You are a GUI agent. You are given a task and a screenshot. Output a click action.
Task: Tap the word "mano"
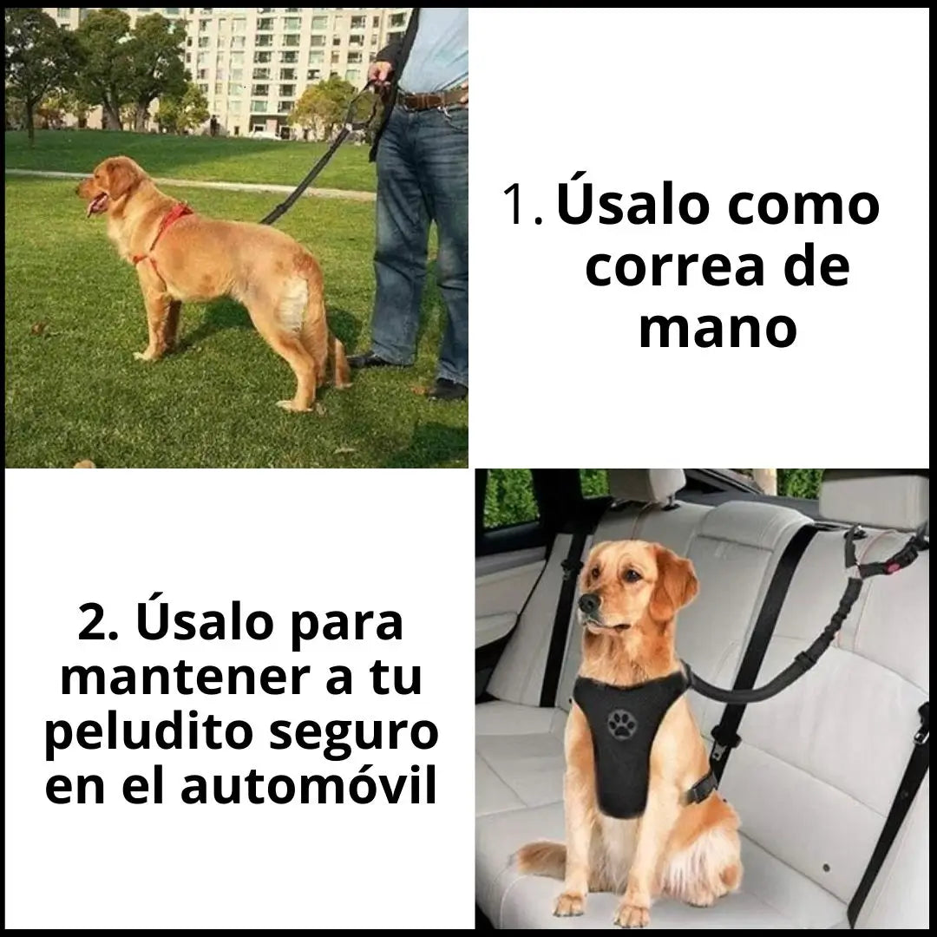point(717,329)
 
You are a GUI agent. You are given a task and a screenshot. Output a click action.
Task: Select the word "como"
point(803,206)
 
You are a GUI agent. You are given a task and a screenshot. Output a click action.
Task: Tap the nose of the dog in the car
point(587,603)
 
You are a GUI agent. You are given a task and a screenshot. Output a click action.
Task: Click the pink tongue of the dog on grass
point(94,206)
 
